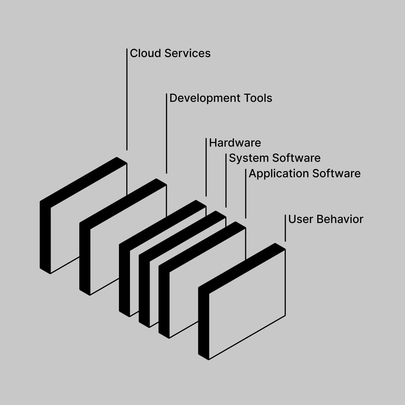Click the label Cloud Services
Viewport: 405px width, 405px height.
click(x=170, y=53)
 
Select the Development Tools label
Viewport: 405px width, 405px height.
click(x=221, y=98)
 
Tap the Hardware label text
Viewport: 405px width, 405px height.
click(x=235, y=143)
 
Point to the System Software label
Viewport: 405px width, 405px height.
click(x=274, y=158)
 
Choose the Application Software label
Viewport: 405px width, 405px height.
click(x=305, y=174)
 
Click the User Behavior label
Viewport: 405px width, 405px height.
click(x=326, y=219)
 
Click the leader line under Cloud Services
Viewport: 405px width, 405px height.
click(x=127, y=98)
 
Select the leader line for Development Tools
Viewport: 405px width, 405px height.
click(x=166, y=134)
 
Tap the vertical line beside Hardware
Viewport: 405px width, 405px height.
click(x=206, y=167)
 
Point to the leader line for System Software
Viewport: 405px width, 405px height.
click(x=226, y=180)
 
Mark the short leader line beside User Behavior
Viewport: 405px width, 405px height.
click(x=285, y=228)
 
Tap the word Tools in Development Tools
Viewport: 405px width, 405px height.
click(x=258, y=98)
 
